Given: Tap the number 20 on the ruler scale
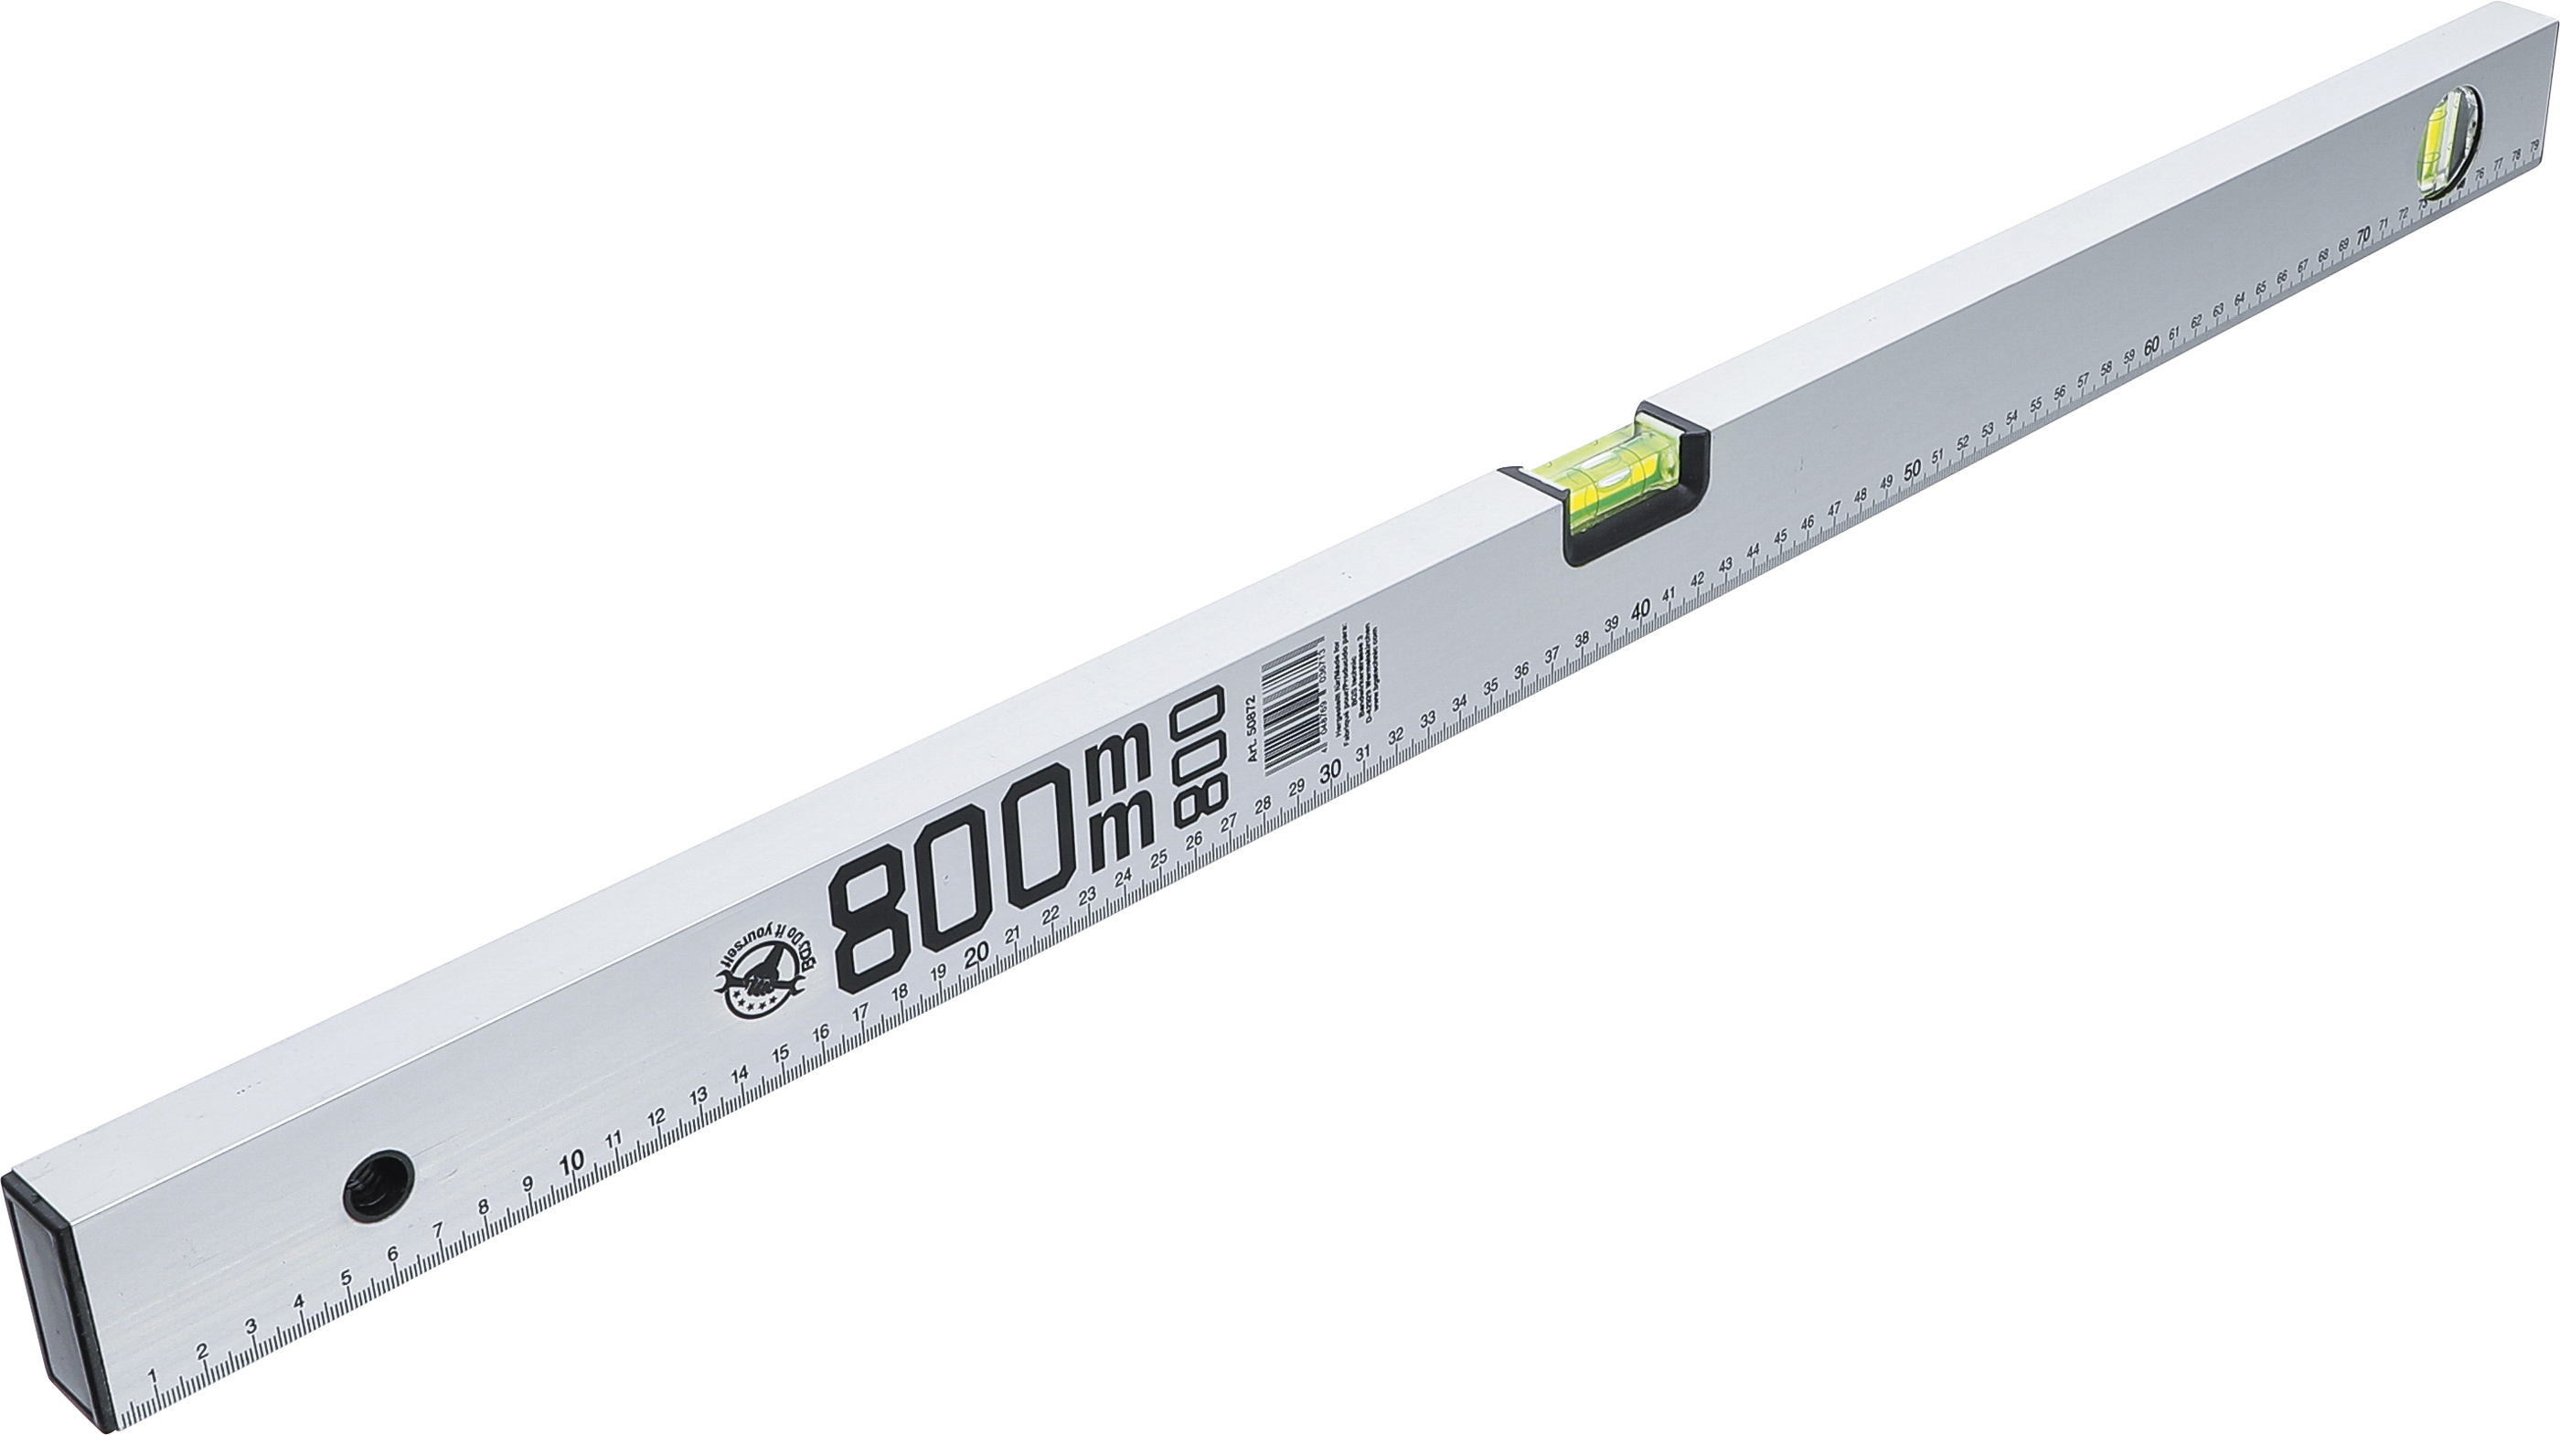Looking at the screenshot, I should [x=976, y=953].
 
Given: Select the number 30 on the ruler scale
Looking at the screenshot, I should [x=1329, y=771].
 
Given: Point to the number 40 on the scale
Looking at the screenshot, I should [x=1642, y=608].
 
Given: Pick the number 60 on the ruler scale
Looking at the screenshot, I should [x=2151, y=345].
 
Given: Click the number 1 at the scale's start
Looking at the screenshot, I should [x=153, y=1376].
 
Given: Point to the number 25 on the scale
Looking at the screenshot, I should [x=1158, y=859].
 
